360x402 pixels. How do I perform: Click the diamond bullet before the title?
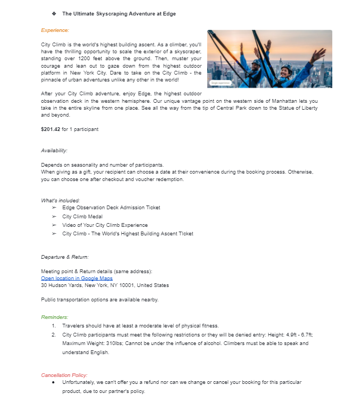54,13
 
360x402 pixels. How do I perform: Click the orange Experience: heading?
55,30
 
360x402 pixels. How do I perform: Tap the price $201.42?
51,129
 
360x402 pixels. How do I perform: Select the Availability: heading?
54,151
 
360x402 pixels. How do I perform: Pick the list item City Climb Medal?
82,217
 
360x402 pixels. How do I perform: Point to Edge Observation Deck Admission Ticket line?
111,208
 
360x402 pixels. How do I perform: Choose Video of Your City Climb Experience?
104,225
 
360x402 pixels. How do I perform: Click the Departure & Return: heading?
65,257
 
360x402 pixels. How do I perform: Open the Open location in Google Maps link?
77,278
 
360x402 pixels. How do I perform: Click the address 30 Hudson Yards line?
104,285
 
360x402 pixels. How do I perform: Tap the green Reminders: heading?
55,317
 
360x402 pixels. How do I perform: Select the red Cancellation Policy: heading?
64,375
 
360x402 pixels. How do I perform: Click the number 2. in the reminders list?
54,334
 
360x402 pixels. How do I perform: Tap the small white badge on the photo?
221,83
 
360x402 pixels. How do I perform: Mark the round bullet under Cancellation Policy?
54,382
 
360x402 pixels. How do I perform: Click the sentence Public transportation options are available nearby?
100,300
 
